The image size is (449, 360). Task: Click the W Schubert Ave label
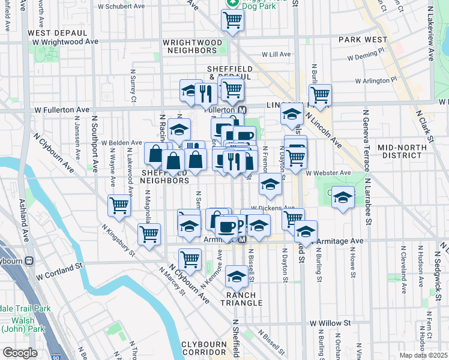[x=123, y=6]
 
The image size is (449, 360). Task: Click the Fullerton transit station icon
[x=243, y=110]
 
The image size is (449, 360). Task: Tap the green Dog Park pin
[x=232, y=3]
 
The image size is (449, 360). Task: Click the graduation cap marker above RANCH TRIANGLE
[x=237, y=277]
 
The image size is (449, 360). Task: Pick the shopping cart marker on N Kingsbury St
[x=148, y=235]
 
